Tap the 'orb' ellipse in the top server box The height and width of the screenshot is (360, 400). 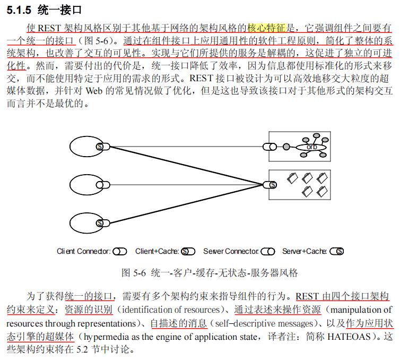tap(311, 147)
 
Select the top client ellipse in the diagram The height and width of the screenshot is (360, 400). tap(85, 146)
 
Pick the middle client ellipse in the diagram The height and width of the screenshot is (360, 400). tap(85, 185)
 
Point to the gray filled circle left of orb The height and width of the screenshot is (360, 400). tap(287, 146)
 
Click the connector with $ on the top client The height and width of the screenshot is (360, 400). tap(99, 146)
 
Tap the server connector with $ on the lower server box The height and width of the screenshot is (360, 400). tap(271, 185)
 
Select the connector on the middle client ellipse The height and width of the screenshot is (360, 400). tap(100, 185)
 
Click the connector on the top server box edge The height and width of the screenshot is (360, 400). tap(272, 146)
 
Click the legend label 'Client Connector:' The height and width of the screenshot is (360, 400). tap(83, 251)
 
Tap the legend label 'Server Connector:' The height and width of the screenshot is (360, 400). tap(231, 251)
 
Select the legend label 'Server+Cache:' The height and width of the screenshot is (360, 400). tap(304, 251)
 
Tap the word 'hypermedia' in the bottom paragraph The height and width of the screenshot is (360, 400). tap(106, 337)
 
